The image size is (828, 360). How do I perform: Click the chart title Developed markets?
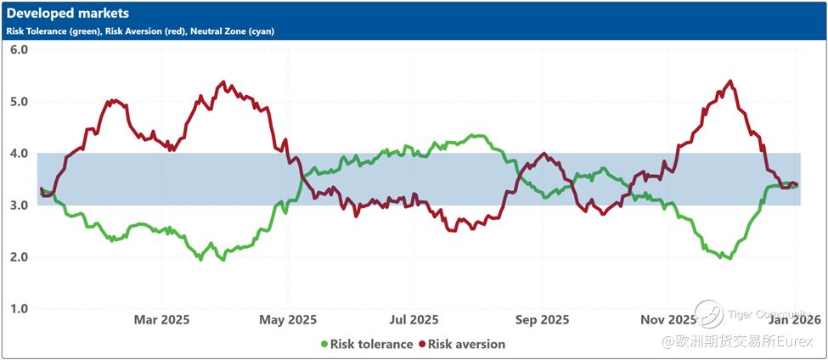[68, 14]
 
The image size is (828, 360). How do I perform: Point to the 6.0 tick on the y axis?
[20, 50]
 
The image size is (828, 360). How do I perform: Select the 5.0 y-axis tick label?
[20, 102]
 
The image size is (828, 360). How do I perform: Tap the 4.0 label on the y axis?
[20, 154]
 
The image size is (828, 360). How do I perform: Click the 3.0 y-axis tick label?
[20, 205]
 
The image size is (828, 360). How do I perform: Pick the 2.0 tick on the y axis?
[20, 257]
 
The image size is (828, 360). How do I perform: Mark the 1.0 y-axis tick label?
[20, 309]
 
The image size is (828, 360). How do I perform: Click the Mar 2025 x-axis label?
[161, 320]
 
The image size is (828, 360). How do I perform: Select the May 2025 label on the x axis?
[288, 320]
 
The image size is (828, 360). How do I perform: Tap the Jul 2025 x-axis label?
[414, 320]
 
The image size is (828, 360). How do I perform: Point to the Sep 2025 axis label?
[542, 320]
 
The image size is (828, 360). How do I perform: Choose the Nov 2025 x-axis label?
[667, 320]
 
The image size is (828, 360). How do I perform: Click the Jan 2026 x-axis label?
[794, 320]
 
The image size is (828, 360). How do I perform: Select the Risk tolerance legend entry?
[371, 344]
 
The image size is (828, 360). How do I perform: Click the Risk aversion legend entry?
[466, 344]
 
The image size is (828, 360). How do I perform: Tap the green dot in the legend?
[324, 344]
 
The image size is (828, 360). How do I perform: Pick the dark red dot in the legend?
[421, 344]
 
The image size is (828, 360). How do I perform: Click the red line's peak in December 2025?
[730, 82]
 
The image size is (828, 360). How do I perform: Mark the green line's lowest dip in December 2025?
[728, 258]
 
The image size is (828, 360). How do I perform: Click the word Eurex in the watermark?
[798, 341]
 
